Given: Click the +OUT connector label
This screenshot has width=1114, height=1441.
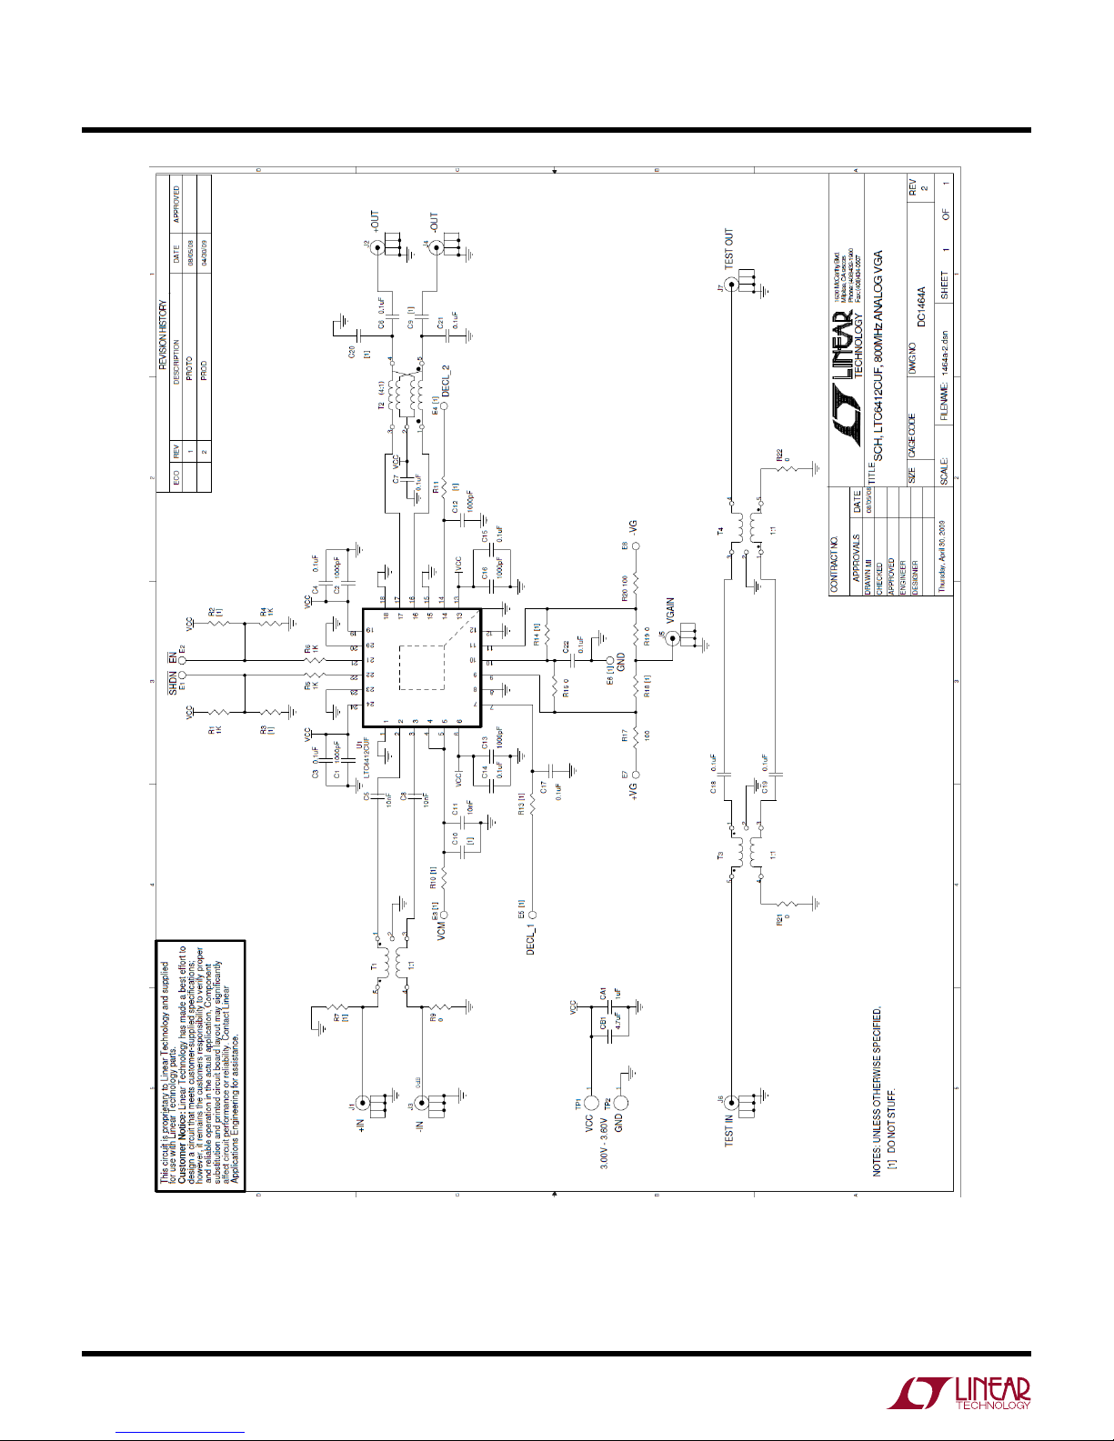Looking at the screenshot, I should (374, 223).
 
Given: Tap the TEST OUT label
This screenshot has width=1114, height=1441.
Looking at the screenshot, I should (728, 248).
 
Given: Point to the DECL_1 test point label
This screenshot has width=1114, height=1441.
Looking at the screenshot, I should (531, 937).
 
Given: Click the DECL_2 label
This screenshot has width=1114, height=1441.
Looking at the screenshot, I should (446, 383).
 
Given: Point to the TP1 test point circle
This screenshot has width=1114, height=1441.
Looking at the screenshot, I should (590, 1103).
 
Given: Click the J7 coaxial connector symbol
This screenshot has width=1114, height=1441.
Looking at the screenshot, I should (728, 285).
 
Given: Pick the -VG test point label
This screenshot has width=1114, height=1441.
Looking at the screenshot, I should (636, 527).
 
